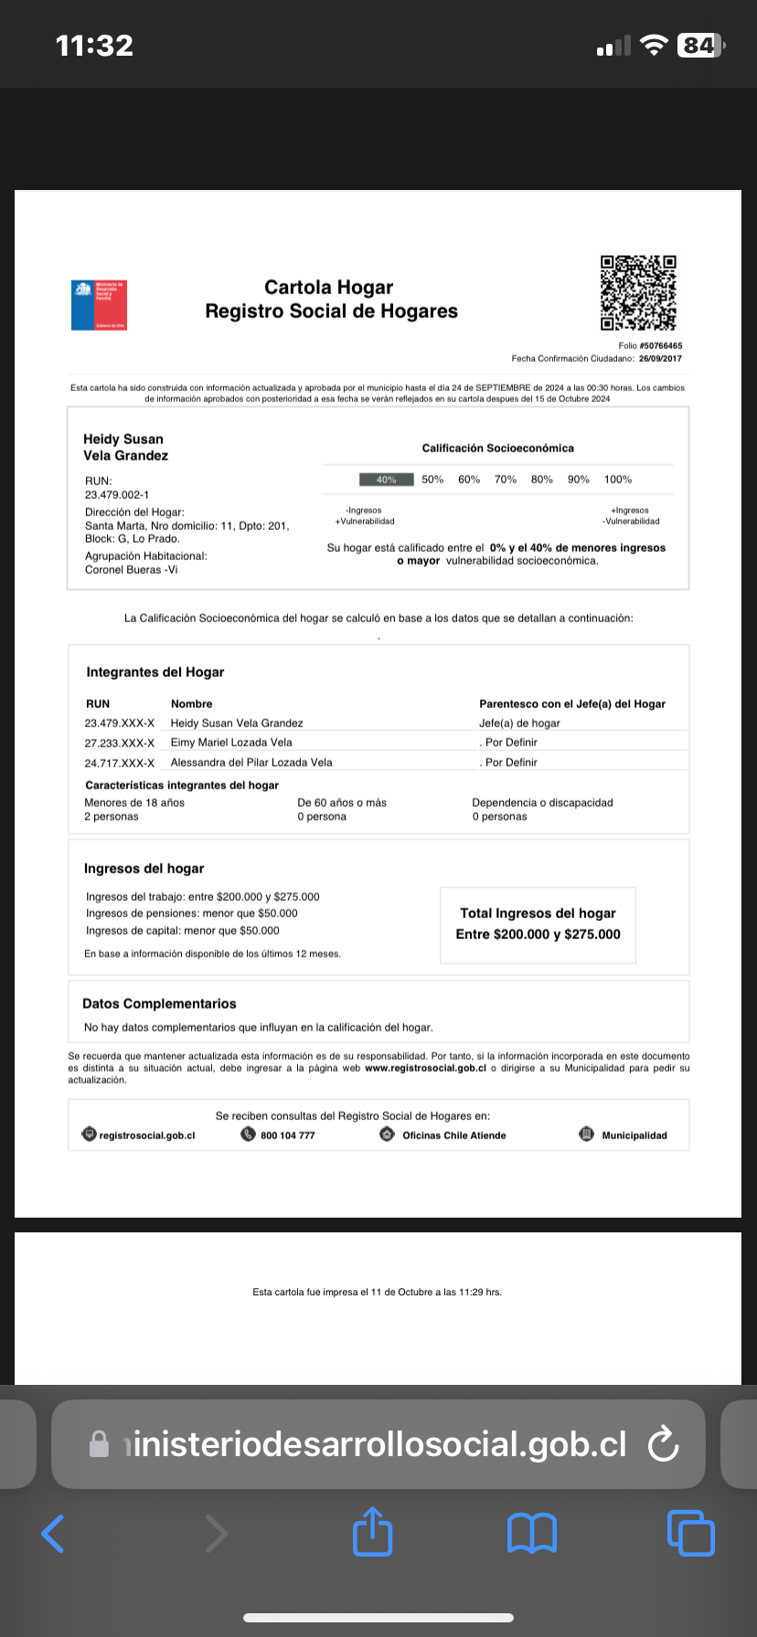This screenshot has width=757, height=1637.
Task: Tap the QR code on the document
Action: (638, 292)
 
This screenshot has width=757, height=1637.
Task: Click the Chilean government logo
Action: (99, 305)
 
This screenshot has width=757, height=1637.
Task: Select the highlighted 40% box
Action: (386, 480)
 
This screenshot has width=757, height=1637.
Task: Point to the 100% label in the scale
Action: (618, 480)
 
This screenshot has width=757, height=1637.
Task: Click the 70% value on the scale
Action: (506, 480)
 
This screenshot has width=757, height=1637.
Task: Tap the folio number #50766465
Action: (661, 346)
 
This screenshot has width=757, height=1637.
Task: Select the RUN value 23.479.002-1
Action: (117, 495)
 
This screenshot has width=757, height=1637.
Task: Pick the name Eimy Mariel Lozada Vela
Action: (231, 743)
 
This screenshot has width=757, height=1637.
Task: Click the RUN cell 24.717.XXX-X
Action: (120, 763)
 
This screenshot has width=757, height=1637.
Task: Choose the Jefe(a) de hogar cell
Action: (519, 723)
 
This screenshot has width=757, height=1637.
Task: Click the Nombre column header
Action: (191, 704)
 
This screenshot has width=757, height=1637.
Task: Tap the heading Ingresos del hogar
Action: (144, 869)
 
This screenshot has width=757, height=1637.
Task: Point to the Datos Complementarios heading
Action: (159, 1004)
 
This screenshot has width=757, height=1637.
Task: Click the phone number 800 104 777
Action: (287, 1135)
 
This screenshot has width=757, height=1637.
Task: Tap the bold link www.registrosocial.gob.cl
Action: (425, 1068)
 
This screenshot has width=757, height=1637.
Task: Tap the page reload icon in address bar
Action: (662, 1444)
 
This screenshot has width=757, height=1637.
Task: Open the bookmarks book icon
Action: (532, 1533)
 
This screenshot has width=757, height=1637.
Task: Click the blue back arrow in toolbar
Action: (54, 1533)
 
